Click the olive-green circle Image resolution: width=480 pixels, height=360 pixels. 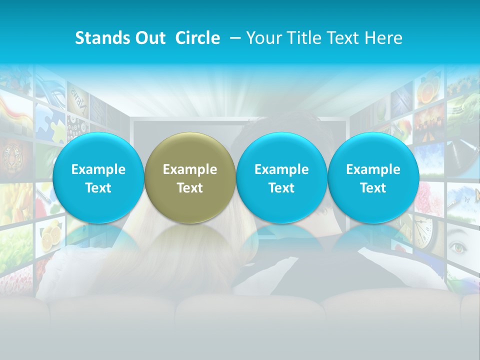(190, 177)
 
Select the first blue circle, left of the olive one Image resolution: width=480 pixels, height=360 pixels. (98, 177)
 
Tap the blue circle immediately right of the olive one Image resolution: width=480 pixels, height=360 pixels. (281, 177)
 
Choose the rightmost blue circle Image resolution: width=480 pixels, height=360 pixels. (373, 177)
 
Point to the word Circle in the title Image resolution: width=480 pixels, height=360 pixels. (197, 38)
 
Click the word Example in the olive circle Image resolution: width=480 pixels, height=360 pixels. (190, 169)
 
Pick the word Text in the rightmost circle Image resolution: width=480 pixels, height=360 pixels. (373, 188)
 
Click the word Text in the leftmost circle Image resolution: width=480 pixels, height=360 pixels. (98, 188)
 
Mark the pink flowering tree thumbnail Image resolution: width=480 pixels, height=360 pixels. (430, 194)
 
